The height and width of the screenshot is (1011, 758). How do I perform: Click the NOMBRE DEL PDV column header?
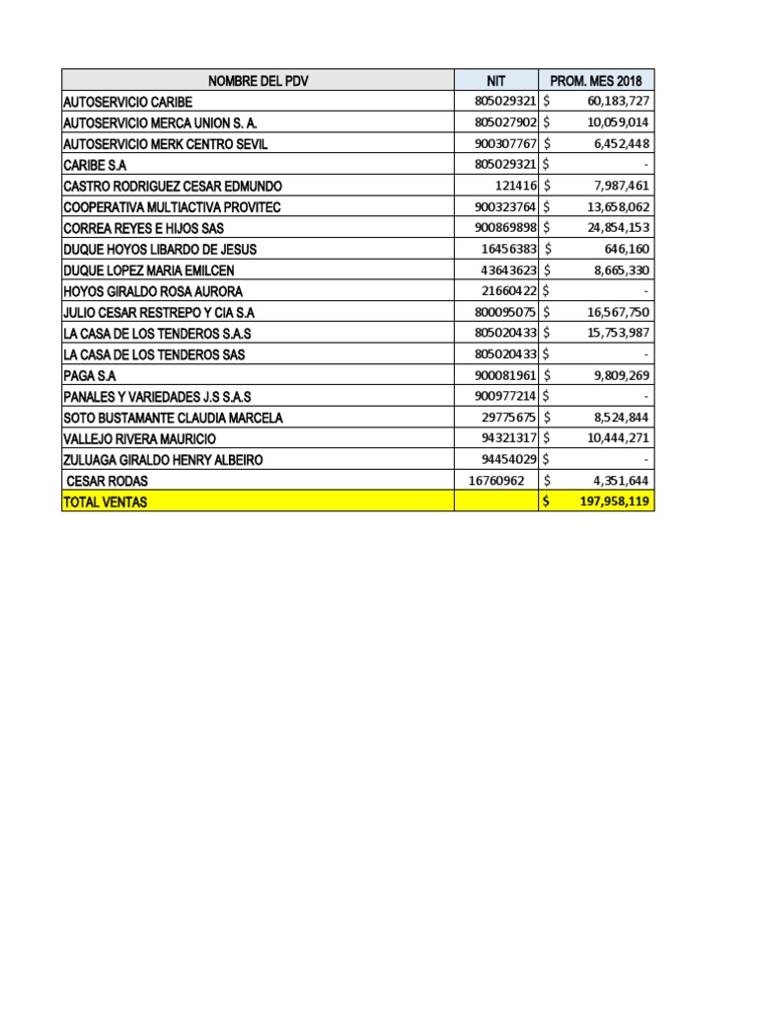click(x=258, y=81)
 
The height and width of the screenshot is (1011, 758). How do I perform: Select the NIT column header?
click(x=495, y=81)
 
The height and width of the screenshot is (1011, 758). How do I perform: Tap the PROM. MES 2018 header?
click(x=596, y=81)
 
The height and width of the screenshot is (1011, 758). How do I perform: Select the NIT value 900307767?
click(x=505, y=144)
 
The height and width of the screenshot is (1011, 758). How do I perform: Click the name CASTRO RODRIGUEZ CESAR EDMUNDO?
click(x=172, y=186)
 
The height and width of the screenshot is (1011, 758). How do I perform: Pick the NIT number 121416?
click(x=515, y=186)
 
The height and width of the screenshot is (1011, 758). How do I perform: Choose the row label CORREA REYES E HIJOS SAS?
click(x=144, y=228)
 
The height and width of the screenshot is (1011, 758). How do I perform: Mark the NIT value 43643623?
click(x=508, y=271)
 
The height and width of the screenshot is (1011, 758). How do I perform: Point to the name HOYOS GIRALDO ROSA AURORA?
click(x=152, y=291)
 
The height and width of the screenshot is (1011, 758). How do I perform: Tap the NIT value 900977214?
click(x=505, y=396)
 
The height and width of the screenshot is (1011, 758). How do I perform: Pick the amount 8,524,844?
click(x=617, y=417)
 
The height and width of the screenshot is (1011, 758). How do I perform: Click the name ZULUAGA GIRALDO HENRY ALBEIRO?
click(x=163, y=459)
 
